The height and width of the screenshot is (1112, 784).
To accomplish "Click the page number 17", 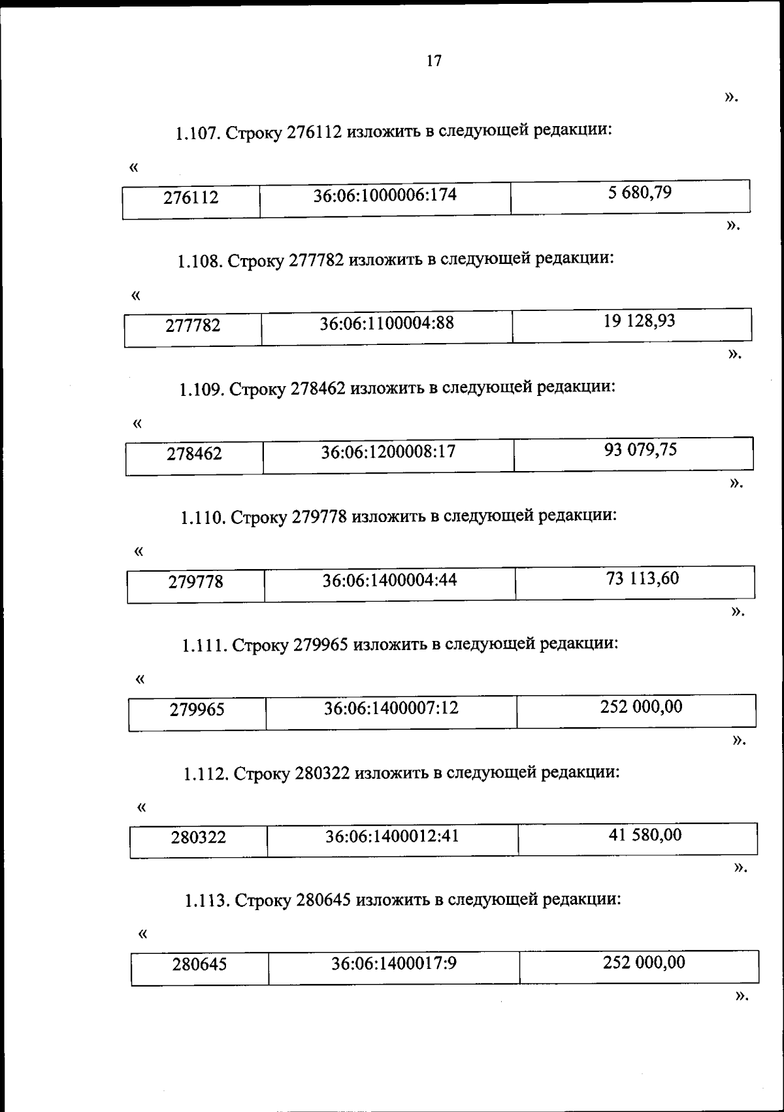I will pyautogui.click(x=434, y=61).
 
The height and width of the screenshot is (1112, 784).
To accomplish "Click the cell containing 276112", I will pyautogui.click(x=191, y=197).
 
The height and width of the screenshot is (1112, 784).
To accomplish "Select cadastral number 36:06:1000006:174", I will pyautogui.click(x=385, y=195).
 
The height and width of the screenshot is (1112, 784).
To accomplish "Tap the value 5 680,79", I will pyautogui.click(x=640, y=193).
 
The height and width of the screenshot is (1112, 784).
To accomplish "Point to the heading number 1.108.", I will pyautogui.click(x=200, y=262).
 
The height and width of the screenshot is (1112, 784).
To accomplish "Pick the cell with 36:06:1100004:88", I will pyautogui.click(x=387, y=323).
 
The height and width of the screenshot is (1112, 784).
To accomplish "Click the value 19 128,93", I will pyautogui.click(x=639, y=321).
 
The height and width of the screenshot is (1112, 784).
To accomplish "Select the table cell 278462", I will pyautogui.click(x=194, y=453).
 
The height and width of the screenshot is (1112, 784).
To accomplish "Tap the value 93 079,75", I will pyautogui.click(x=640, y=450).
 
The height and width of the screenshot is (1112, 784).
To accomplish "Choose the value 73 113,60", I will pyautogui.click(x=642, y=578).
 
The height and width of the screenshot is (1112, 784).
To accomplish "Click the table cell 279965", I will pyautogui.click(x=197, y=710).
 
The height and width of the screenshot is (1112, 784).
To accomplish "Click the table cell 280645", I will pyautogui.click(x=199, y=964).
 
